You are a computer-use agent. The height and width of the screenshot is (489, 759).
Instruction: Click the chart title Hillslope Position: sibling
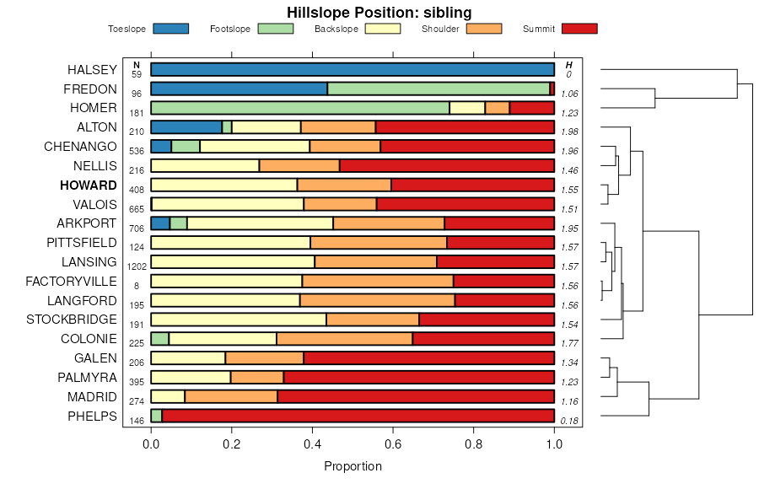pyautogui.click(x=379, y=12)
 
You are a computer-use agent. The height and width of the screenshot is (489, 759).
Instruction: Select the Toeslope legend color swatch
pyautogui.click(x=170, y=29)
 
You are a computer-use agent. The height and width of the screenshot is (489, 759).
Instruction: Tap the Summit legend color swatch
pyautogui.click(x=579, y=29)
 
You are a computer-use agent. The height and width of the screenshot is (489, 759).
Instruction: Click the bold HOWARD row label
pyautogui.click(x=89, y=185)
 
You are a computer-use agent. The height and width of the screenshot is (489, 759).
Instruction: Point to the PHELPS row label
pyautogui.click(x=92, y=416)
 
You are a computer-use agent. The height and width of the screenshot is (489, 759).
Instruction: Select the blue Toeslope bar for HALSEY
pyautogui.click(x=353, y=69)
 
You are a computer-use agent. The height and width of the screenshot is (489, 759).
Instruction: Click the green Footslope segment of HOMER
pyautogui.click(x=300, y=108)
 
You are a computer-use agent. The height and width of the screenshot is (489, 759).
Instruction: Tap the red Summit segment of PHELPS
pyautogui.click(x=358, y=416)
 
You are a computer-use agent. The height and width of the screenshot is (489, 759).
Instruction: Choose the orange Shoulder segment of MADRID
pyautogui.click(x=231, y=396)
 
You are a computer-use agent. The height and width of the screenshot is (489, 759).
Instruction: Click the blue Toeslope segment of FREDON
pyautogui.click(x=239, y=89)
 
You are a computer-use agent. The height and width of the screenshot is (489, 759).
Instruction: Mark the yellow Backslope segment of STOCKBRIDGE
pyautogui.click(x=239, y=320)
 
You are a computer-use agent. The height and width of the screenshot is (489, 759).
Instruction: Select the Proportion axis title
pyautogui.click(x=353, y=466)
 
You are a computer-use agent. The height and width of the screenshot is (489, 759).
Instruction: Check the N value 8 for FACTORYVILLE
pyautogui.click(x=137, y=286)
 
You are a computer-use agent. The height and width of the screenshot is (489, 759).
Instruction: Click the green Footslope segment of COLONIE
pyautogui.click(x=160, y=339)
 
